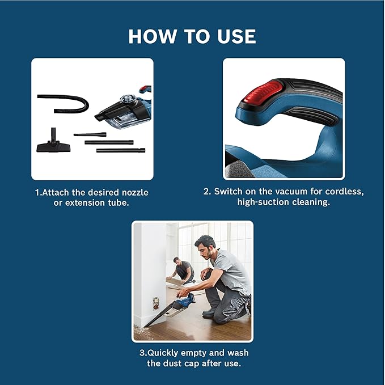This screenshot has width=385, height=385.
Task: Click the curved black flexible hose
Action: coord(65,102)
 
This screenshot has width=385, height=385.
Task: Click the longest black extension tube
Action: coord(120,151)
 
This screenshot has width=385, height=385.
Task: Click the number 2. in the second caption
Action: coord(207,192)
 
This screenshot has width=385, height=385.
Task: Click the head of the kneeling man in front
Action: coord(205,247)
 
